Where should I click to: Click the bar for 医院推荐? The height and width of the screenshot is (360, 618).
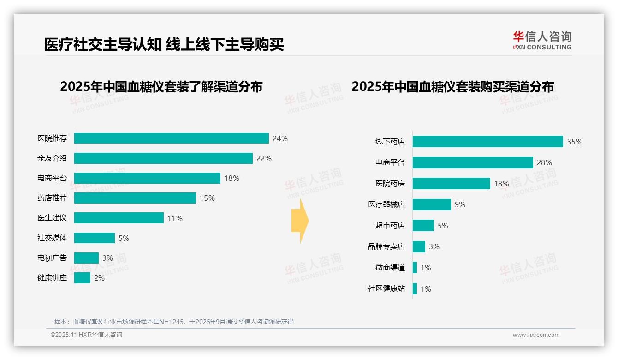coord(171,138)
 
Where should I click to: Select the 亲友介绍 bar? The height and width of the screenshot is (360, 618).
coord(163,158)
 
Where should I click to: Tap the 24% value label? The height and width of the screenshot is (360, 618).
coord(280,138)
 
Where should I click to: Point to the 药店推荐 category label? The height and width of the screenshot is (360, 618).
coord(52,198)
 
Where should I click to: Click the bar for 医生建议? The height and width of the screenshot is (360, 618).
coord(119,218)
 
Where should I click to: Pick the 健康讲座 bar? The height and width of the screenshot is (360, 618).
coord(82,278)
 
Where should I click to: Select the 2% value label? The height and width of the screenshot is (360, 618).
coord(99,278)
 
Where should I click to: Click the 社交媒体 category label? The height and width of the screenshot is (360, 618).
coord(52,238)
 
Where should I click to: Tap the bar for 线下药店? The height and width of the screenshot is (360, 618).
coord(487,142)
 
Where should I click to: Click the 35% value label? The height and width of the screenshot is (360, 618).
coord(575,142)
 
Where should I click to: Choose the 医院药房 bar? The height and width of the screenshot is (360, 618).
coord(451,184)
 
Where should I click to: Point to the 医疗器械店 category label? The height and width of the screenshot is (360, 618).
coord(386,204)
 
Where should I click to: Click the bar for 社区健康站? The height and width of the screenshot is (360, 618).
coord(415,289)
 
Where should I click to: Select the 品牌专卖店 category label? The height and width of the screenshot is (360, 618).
coord(386,246)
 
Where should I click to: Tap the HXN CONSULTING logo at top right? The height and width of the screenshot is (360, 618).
coord(542,41)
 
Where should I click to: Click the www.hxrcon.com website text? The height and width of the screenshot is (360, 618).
coord(536,335)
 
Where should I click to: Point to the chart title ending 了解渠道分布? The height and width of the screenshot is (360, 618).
coord(161,87)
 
